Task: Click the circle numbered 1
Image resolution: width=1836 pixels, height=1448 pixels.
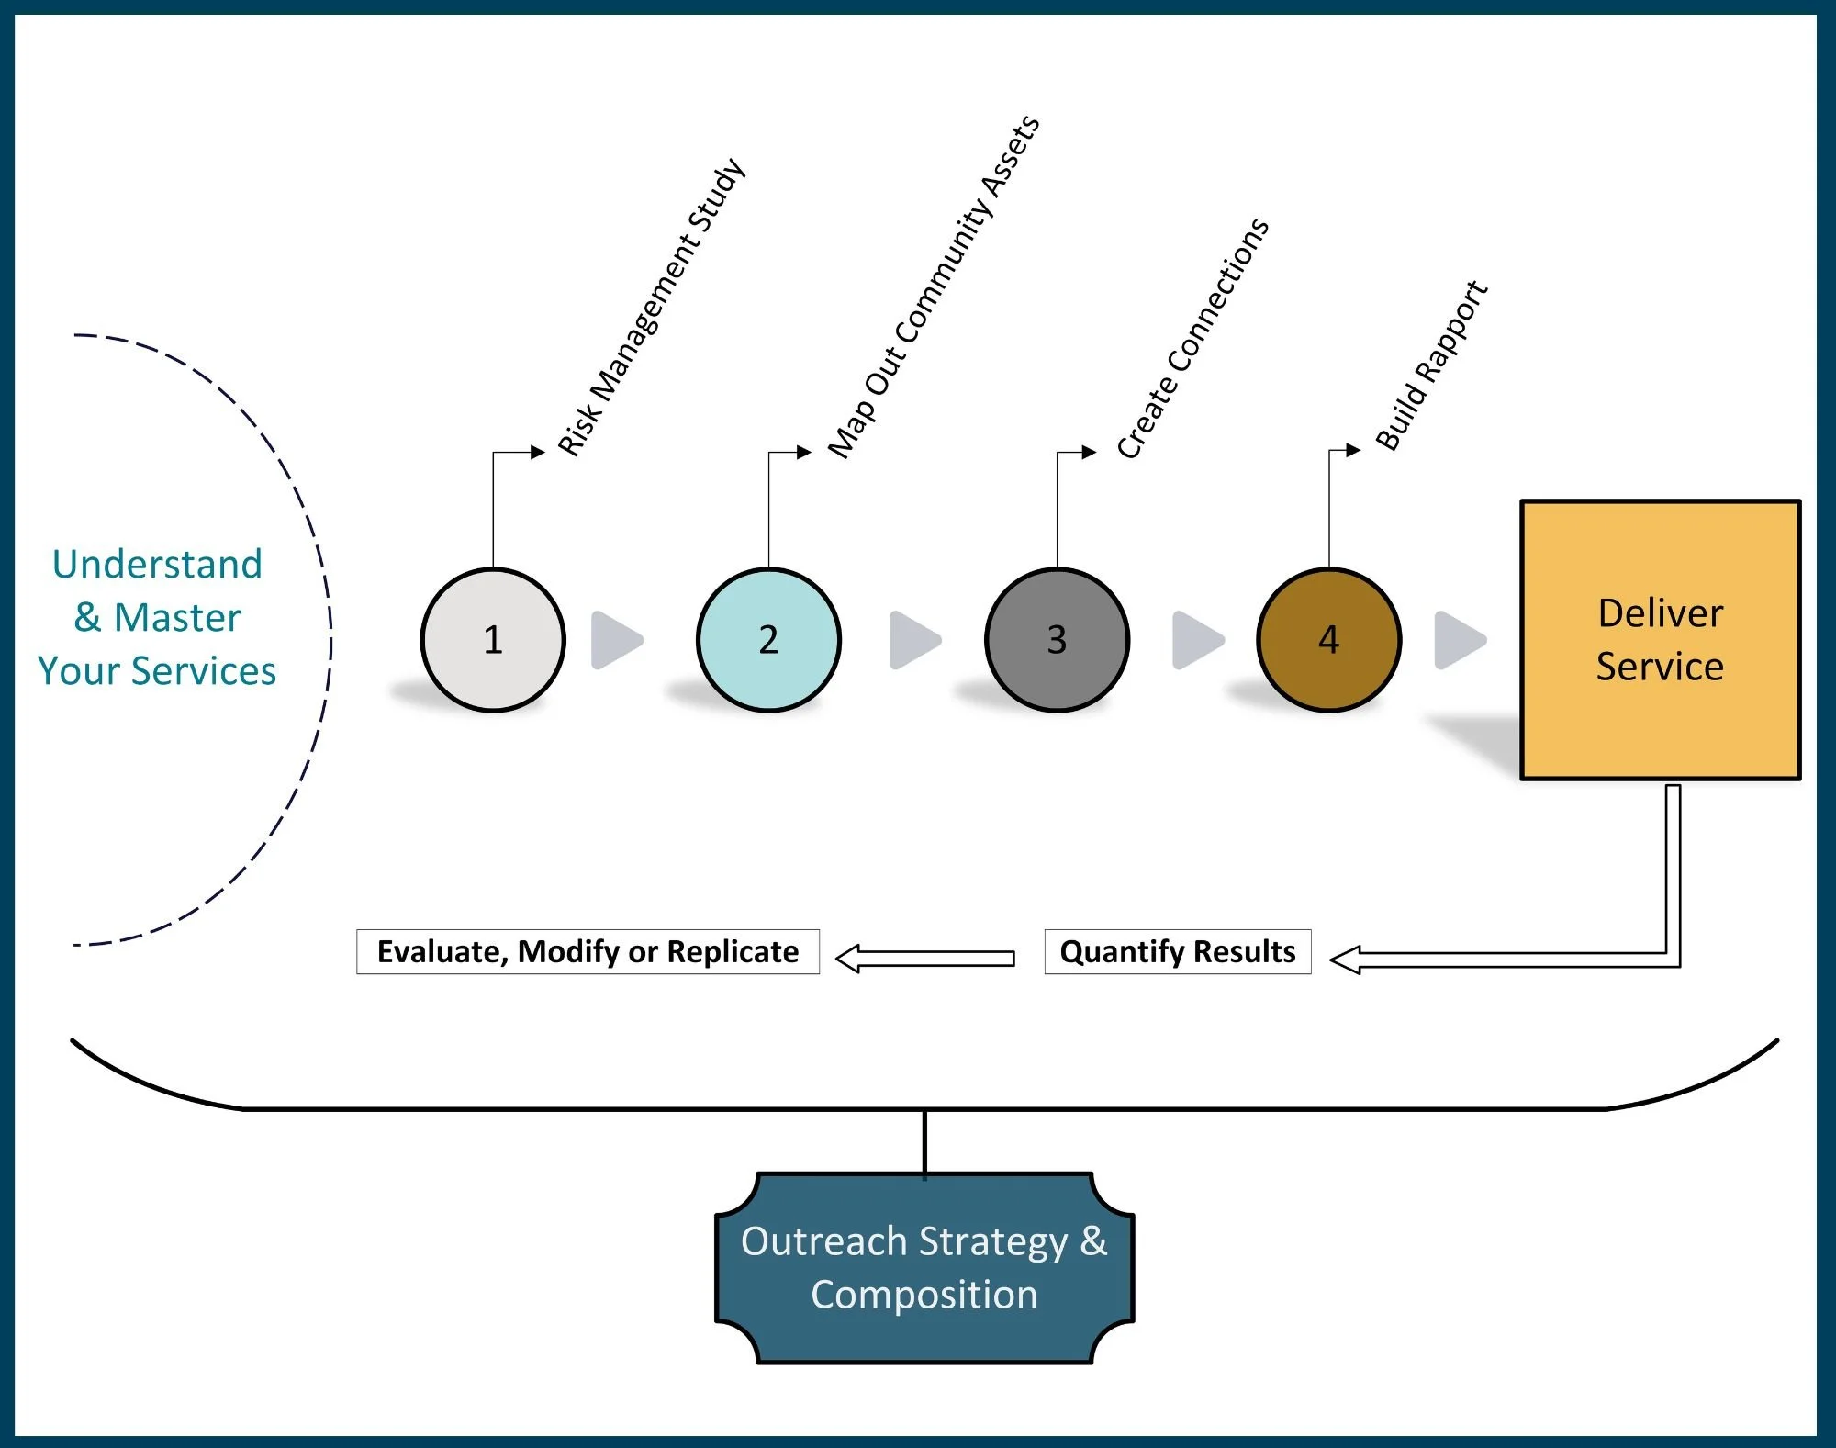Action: (493, 640)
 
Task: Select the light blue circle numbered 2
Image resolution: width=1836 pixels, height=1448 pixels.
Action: (768, 640)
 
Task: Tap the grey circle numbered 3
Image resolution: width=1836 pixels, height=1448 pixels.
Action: (1057, 640)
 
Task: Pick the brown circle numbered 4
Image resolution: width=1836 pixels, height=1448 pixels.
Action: (1328, 640)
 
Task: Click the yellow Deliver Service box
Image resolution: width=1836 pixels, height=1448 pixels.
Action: (1660, 640)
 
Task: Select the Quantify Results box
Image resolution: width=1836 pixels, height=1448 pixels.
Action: (1178, 952)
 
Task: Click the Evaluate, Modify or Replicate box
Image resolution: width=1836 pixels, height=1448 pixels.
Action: (588, 952)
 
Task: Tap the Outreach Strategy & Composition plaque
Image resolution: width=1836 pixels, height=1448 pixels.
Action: (924, 1268)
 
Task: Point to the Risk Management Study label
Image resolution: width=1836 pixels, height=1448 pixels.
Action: (651, 308)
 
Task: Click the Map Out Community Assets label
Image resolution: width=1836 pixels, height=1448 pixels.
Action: (934, 287)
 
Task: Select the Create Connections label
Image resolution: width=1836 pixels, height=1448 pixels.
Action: (1192, 339)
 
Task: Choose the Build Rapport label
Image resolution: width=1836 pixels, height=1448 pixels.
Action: (1430, 365)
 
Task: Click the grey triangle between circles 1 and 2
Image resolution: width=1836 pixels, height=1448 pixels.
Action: (616, 640)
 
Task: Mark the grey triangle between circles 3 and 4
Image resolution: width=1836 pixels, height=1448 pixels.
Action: (1197, 640)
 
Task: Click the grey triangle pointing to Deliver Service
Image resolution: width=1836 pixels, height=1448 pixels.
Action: (1459, 640)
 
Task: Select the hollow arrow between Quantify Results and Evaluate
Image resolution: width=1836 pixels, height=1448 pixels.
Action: (925, 959)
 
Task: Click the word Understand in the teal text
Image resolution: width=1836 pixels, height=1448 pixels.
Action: (157, 564)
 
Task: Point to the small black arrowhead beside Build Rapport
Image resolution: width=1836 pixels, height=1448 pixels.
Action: (1353, 450)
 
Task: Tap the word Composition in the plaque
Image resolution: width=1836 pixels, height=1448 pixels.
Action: (924, 1295)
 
